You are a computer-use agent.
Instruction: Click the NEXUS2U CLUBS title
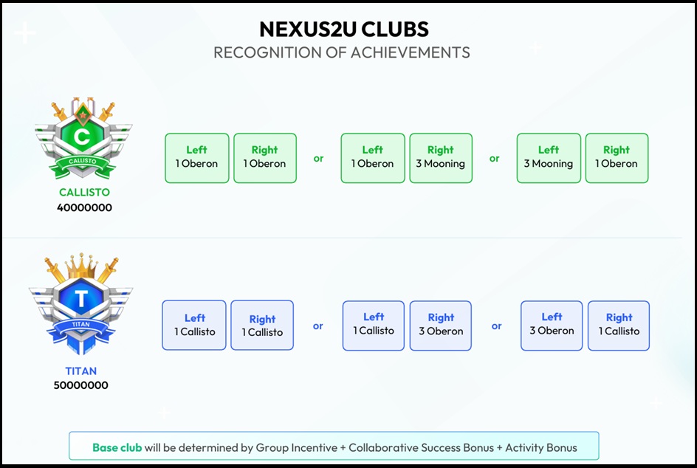[343, 30]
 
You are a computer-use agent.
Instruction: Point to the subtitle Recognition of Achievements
[342, 52]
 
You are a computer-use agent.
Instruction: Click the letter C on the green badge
[83, 137]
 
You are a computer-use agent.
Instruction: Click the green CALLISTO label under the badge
[84, 193]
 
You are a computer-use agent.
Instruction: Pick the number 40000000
[84, 207]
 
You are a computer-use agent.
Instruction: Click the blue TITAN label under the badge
[81, 371]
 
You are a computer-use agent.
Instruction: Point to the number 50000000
[81, 385]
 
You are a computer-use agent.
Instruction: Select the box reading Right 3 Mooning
[440, 157]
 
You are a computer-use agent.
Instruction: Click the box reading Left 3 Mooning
[548, 157]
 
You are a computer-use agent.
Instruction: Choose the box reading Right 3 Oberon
[441, 325]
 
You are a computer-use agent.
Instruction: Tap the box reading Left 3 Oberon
[552, 325]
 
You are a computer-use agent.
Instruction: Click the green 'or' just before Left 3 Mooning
[495, 158]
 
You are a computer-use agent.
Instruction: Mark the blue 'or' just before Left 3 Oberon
[497, 326]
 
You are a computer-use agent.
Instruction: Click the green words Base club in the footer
[117, 447]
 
